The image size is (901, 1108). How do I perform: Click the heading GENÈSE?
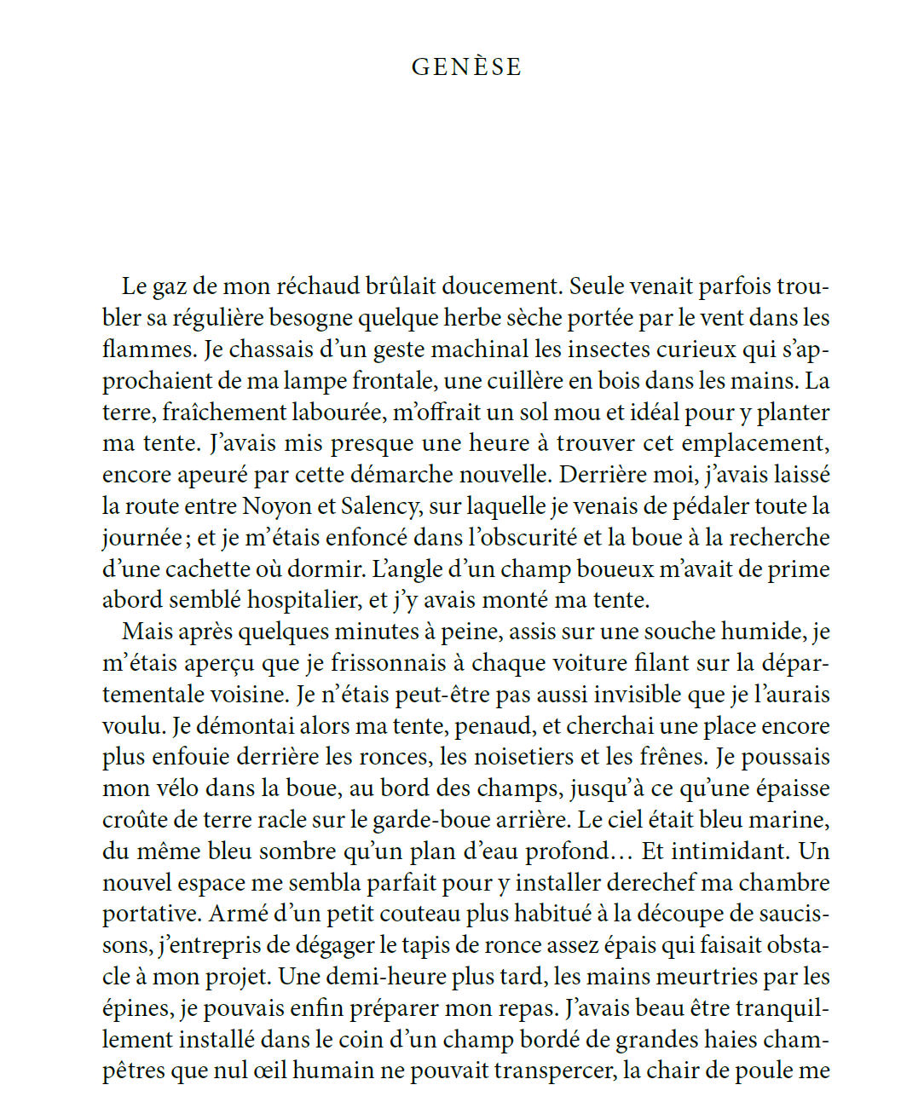click(x=466, y=67)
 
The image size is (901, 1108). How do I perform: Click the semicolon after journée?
click(x=187, y=539)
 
